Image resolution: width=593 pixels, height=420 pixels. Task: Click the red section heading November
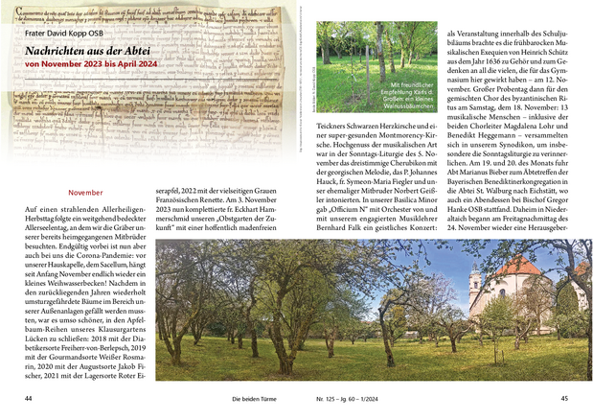pos(85,193)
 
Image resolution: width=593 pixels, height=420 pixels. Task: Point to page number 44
pos(30,398)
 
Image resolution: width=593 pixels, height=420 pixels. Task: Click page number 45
pos(564,398)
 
